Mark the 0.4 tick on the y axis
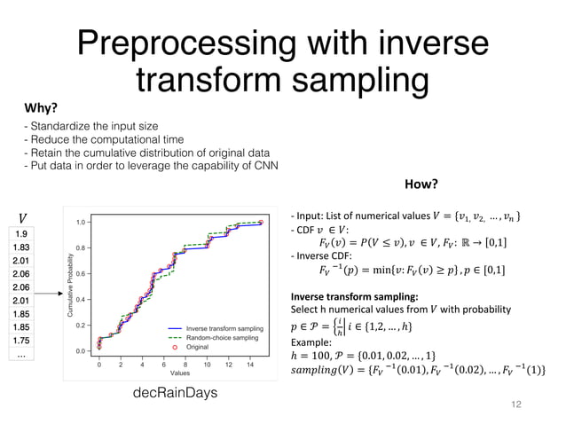point(81,300)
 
